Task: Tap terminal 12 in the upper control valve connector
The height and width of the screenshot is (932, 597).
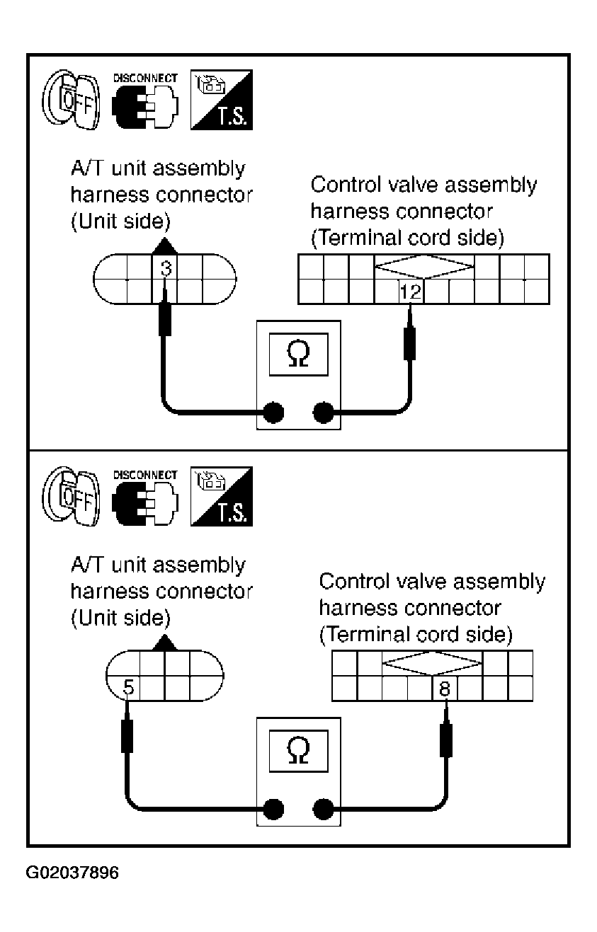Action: tap(411, 292)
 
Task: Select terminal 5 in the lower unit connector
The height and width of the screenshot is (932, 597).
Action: tap(127, 687)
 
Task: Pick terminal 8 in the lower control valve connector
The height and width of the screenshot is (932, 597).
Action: tap(445, 689)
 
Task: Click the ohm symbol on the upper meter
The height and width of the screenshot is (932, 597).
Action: tap(298, 354)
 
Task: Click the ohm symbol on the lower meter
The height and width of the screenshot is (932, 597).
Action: tap(298, 750)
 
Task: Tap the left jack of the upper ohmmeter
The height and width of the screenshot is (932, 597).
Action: tap(273, 413)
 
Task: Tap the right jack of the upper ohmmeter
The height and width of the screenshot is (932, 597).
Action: tap(323, 413)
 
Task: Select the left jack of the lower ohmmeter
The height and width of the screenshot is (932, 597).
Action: tap(273, 809)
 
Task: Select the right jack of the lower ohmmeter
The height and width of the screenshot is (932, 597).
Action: tap(323, 809)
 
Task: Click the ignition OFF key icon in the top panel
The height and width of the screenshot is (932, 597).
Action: tap(72, 100)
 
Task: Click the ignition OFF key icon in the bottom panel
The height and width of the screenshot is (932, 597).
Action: tap(72, 496)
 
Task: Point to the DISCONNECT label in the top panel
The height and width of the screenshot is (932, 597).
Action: tap(145, 79)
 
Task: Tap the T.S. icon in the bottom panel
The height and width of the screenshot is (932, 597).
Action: tap(222, 496)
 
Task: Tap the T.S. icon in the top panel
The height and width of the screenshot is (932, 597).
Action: tap(222, 100)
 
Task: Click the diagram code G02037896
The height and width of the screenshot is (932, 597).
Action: tap(72, 872)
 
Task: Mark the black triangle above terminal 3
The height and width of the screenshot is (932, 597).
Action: tap(164, 247)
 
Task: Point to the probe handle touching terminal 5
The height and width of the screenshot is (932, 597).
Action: tap(127, 737)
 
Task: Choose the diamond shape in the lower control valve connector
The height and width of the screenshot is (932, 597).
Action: tap(432, 663)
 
